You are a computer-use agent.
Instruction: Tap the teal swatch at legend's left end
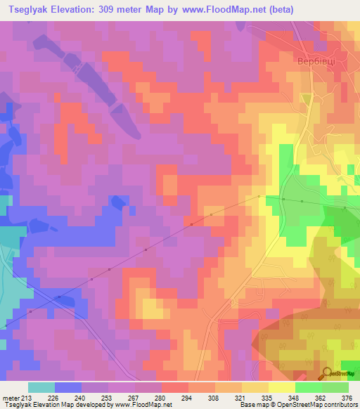[41, 387]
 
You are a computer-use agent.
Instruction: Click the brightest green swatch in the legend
[308, 387]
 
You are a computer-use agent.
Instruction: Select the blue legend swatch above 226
[67, 387]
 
